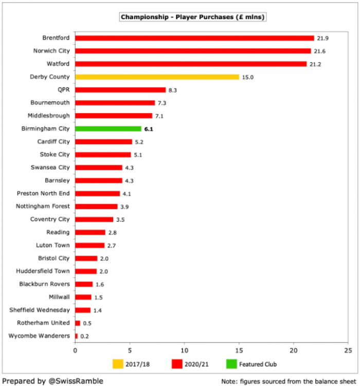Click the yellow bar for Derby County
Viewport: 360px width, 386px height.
(157, 77)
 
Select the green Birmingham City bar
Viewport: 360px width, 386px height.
(108, 129)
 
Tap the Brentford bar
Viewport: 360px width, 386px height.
(194, 38)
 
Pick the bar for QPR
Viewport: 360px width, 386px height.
(120, 90)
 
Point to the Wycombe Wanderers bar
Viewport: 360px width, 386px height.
(77, 336)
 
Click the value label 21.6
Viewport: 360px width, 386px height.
(320, 51)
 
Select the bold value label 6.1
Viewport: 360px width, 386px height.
(149, 129)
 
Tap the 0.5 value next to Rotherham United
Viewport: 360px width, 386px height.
(87, 323)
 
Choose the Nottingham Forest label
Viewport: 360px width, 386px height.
(44, 206)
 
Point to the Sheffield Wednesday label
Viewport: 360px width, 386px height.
(40, 310)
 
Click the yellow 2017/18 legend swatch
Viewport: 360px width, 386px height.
(118, 364)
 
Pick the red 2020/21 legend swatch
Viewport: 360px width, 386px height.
(176, 364)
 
